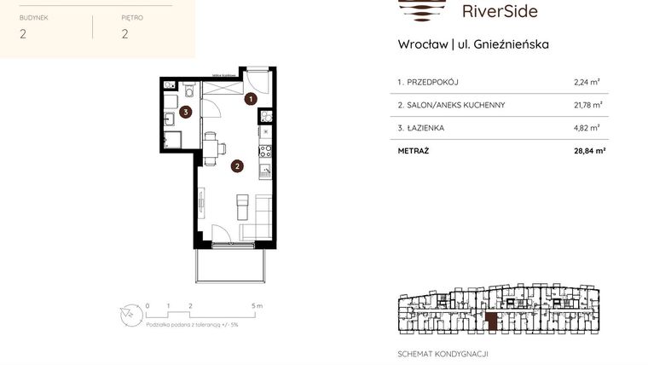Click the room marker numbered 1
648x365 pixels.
(250, 99)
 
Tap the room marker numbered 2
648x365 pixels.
(236, 167)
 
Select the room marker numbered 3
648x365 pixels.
(184, 111)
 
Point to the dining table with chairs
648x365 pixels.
(211, 148)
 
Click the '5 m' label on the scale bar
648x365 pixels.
(258, 304)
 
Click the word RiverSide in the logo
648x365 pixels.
(499, 12)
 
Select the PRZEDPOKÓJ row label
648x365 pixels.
(428, 83)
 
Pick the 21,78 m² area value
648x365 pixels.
(588, 105)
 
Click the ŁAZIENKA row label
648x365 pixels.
(420, 128)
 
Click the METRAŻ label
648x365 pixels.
(414, 150)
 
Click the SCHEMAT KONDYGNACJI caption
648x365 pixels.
(443, 353)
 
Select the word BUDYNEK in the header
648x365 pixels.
(35, 16)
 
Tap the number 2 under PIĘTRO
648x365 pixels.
(124, 34)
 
